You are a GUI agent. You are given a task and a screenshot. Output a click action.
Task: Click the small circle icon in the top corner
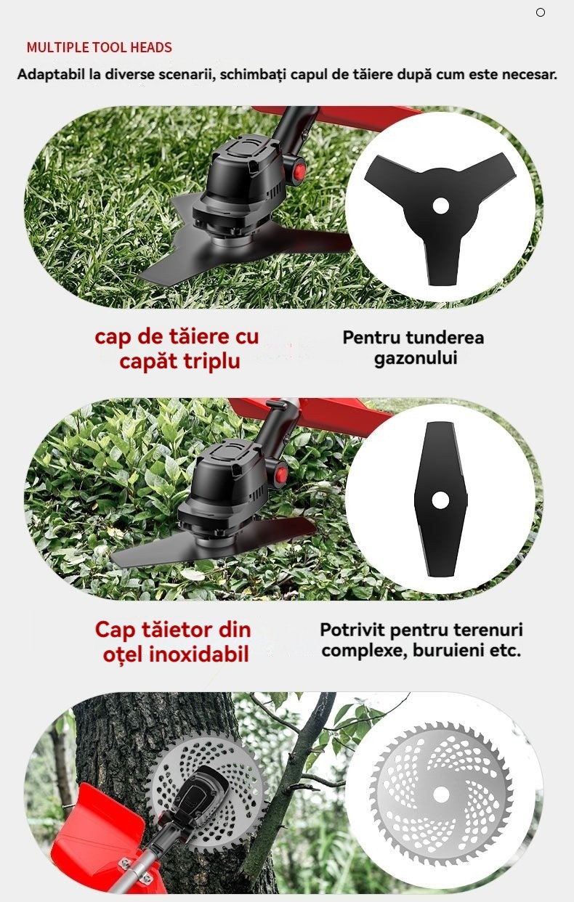[x=541, y=12]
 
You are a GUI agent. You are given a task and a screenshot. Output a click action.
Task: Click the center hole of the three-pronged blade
[x=440, y=206]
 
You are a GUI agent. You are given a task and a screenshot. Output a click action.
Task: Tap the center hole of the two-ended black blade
[x=440, y=500]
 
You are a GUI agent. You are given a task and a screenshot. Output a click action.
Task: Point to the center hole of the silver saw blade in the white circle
[x=440, y=795]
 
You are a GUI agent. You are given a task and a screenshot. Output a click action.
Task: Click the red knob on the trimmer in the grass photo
[x=299, y=171]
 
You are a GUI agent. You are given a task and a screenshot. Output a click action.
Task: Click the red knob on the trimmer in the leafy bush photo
[x=281, y=474]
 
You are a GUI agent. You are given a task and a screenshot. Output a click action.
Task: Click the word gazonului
[x=416, y=358]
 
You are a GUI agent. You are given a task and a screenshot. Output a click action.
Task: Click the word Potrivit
[x=352, y=630]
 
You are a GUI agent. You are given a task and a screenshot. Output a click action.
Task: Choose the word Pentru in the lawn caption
[x=368, y=338]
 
